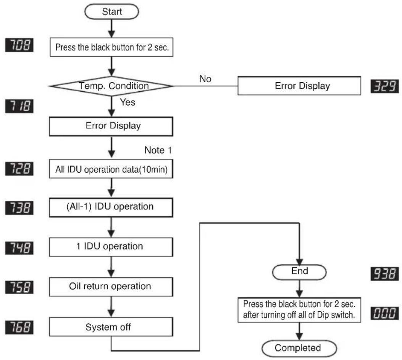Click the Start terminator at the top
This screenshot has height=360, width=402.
[x=111, y=11]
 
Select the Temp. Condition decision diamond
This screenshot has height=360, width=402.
[x=111, y=86]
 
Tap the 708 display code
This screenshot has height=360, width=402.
[x=19, y=45]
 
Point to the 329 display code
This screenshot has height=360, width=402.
[x=384, y=86]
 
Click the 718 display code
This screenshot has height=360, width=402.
[x=19, y=106]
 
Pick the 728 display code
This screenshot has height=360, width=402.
[x=19, y=169]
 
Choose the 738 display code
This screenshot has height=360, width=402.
[x=19, y=208]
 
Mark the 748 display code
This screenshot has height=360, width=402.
[x=19, y=248]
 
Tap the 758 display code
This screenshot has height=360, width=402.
[x=19, y=287]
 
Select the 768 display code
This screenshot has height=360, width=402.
[x=19, y=327]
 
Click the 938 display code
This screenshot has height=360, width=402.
[x=384, y=274]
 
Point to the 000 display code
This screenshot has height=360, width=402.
[x=384, y=313]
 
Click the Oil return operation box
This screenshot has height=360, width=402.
[x=111, y=287]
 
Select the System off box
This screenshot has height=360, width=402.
[x=111, y=327]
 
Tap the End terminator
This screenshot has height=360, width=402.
[x=299, y=272]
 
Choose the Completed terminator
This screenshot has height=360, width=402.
[x=299, y=348]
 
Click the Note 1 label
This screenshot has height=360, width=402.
[x=158, y=150]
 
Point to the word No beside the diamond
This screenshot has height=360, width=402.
[x=205, y=79]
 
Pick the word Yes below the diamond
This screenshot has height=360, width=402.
[x=128, y=102]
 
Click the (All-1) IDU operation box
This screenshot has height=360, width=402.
[x=111, y=208]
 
